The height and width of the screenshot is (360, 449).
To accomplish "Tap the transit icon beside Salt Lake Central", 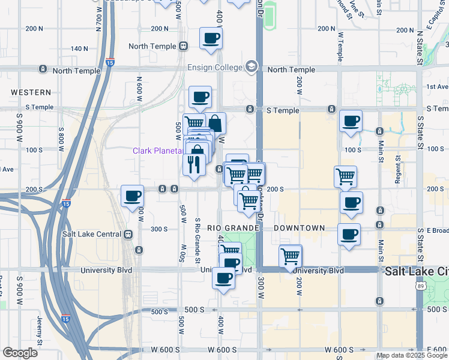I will point(128,234).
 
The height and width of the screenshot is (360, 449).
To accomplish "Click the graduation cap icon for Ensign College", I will point(251,67).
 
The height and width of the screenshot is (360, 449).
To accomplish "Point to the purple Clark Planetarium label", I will point(157,151).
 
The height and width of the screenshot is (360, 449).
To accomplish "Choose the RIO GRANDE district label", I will point(233,229).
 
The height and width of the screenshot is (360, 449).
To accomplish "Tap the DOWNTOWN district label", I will point(299,229).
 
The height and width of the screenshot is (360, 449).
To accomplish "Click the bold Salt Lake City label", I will point(417,271).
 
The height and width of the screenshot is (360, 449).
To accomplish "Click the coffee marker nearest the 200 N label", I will point(211,39).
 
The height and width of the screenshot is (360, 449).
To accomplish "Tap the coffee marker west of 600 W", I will point(133,196).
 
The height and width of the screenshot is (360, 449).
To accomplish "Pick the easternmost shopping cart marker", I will point(345,176).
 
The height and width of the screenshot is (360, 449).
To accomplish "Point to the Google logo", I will point(20,353).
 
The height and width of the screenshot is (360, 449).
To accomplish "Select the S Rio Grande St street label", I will point(197,240).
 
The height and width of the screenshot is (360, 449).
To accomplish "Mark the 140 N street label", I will point(83,49).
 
